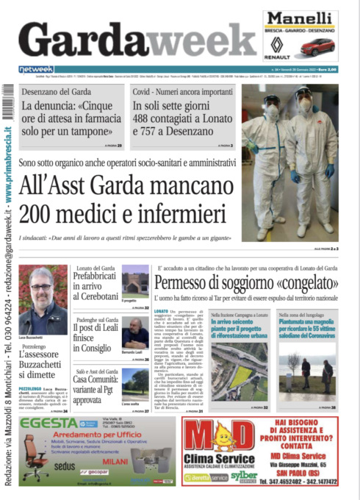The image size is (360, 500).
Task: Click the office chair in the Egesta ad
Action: click(x=35, y=459)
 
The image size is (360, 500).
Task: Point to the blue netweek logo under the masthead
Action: click(x=36, y=69)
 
